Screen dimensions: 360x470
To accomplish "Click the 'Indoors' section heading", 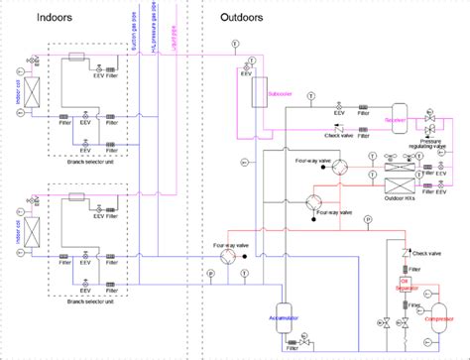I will tap(54, 18).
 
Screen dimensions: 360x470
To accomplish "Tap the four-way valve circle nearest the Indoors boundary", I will tap(229, 255).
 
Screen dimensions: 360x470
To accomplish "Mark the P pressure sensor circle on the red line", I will tap(365, 215).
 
